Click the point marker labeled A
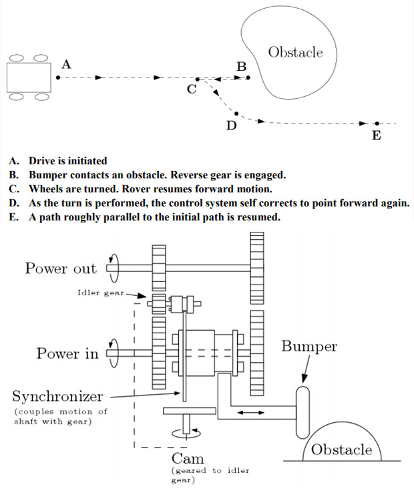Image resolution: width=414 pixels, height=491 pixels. tap(58, 77)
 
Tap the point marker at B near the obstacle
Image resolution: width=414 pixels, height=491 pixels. tap(248, 77)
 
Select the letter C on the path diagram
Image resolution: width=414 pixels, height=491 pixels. tap(192, 90)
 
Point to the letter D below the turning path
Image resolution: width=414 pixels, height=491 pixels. tap(231, 125)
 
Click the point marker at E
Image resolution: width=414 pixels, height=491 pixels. tap(377, 124)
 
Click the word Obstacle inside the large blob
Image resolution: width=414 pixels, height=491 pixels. tap(294, 52)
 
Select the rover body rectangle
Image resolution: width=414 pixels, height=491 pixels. tap(29, 77)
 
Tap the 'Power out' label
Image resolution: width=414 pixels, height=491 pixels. tap(60, 269)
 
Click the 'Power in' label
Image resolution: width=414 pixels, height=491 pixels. tap(67, 353)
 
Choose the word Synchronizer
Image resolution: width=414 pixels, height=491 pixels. tap(57, 397)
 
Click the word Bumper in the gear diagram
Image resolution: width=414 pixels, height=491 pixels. tap(309, 347)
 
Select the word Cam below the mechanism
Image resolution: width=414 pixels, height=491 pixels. tap(188, 458)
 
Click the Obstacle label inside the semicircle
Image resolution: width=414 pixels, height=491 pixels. tap(341, 449)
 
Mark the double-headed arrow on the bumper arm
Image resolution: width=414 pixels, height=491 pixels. tap(250, 413)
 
